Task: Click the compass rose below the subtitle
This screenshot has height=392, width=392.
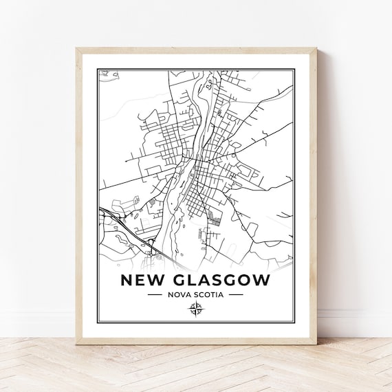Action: (195, 311)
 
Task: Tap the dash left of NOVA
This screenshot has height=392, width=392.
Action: (155, 296)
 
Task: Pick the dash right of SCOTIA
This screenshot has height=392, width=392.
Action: (236, 296)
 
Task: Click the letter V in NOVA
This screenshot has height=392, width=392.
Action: (184, 296)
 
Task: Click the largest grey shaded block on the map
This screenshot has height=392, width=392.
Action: (216, 219)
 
